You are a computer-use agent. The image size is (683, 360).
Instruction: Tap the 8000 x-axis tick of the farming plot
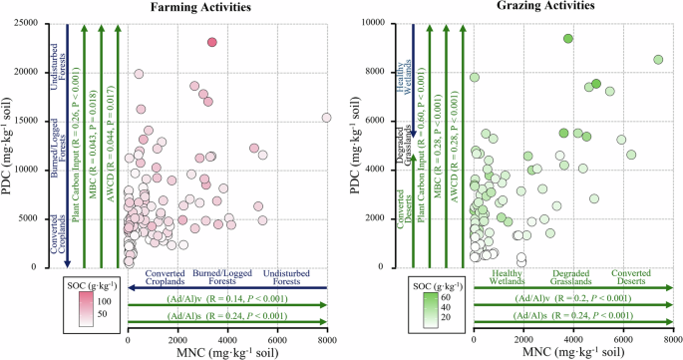[326, 341]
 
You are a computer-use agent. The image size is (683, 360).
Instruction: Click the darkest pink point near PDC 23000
[211, 42]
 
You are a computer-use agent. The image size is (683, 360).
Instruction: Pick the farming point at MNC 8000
[326, 118]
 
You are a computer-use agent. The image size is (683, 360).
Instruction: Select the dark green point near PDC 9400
[567, 38]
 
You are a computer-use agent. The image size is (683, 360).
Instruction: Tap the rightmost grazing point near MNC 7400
[658, 60]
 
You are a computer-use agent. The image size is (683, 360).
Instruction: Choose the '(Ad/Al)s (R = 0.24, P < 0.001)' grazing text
[572, 315]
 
